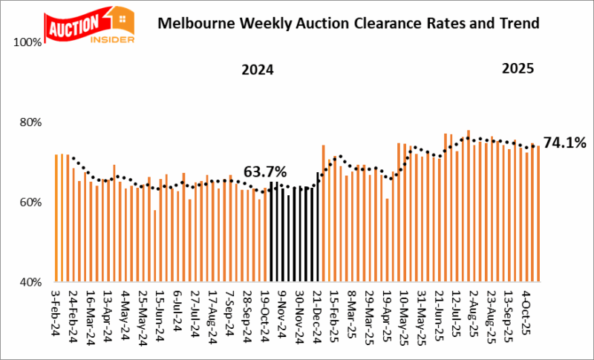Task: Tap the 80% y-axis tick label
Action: [x=30, y=122]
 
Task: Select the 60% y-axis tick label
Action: [x=30, y=202]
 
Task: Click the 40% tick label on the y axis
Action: [x=30, y=282]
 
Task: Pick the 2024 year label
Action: [x=258, y=71]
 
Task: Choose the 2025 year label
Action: [x=518, y=69]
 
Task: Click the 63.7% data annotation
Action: [x=266, y=171]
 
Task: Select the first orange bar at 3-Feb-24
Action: [x=56, y=218]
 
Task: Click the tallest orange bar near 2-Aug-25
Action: [x=469, y=206]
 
